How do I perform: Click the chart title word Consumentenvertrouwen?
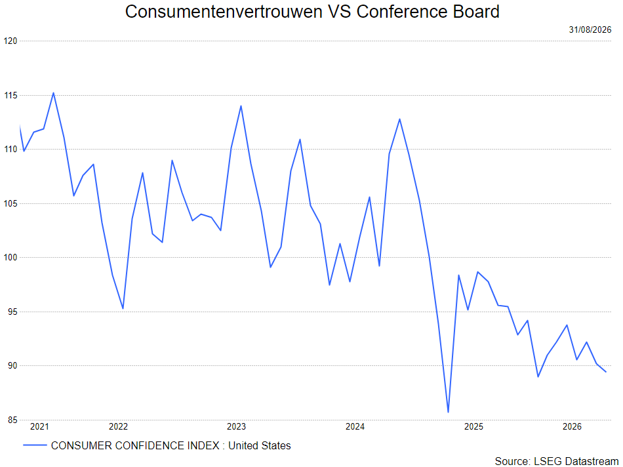[x=223, y=12]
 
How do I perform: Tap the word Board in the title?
[x=476, y=12]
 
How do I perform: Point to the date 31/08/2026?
[x=590, y=30]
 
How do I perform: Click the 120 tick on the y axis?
[x=10, y=41]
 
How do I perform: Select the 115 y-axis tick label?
[x=10, y=95]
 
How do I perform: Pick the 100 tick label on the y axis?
[x=10, y=258]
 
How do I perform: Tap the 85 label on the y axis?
[x=12, y=420]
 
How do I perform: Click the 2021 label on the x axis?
[x=39, y=427]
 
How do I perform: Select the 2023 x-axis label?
[x=236, y=427]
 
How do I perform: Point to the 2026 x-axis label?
[x=572, y=427]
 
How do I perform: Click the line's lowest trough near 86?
[x=448, y=412]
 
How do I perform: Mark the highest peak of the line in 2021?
[x=53, y=93]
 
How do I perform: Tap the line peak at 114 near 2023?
[x=241, y=106]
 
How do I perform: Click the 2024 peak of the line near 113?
[x=399, y=119]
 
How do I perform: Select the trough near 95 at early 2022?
[x=123, y=308]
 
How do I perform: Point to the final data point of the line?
[x=606, y=372]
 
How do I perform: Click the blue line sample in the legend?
[x=35, y=445]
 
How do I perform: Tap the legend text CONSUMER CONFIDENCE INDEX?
[x=135, y=445]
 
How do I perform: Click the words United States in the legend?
[x=260, y=445]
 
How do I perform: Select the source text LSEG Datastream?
[x=576, y=461]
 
